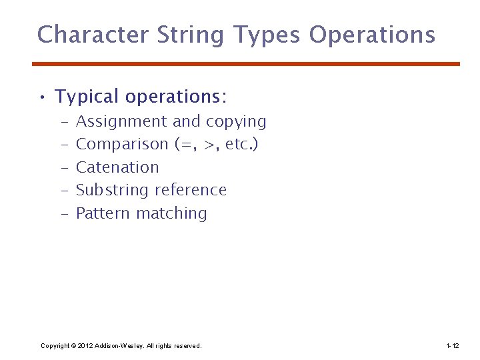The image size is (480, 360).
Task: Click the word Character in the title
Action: tap(92, 35)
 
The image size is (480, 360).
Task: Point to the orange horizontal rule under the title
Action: tap(246, 64)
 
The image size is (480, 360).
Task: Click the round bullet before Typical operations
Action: tap(42, 99)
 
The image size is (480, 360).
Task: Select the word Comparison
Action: tap(122, 145)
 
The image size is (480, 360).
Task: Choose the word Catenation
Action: tap(117, 167)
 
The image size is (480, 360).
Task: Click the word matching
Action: tap(172, 214)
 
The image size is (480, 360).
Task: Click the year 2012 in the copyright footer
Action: tap(85, 346)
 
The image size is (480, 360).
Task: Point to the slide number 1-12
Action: tap(452, 346)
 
